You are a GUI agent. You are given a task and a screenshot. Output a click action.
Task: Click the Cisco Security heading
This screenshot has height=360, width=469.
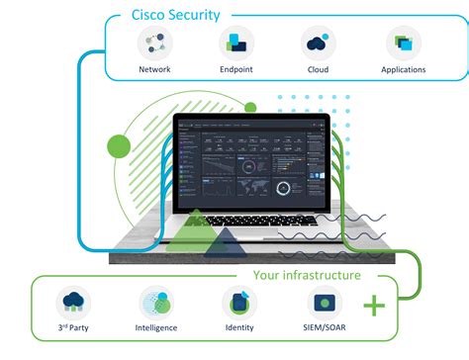coord(176,15)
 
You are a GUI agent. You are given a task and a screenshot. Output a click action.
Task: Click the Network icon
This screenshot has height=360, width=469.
coord(154,43)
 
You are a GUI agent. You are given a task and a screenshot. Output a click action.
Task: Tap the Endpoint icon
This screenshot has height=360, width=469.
coord(235,43)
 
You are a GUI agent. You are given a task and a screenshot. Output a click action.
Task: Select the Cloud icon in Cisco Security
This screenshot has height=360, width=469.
coord(318,43)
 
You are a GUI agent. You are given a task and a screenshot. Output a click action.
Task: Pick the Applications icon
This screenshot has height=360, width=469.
coord(403,43)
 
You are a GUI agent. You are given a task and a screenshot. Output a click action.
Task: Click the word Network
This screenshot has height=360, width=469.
coord(154,70)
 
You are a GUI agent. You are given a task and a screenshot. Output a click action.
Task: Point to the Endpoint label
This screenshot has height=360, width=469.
coord(235,70)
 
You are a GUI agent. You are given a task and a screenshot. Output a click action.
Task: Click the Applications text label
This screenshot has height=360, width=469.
coord(403,70)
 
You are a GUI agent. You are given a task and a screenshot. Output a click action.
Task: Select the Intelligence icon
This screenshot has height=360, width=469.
coord(155,302)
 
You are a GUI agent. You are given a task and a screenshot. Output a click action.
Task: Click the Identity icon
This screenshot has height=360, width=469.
coord(238,302)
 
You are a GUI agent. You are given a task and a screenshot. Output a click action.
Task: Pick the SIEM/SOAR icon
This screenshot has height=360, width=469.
coord(324,302)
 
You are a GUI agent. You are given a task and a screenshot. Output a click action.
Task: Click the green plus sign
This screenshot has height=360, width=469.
coord(374,306)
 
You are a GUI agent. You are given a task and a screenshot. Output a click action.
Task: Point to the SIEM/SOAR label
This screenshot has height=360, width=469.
coord(324,327)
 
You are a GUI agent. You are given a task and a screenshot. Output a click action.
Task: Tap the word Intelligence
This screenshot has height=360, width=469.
coord(155,327)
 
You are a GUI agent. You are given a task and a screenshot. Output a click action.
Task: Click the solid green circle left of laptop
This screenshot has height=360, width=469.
coord(119,146)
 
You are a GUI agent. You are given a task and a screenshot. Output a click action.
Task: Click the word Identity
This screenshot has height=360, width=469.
coord(238,327)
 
